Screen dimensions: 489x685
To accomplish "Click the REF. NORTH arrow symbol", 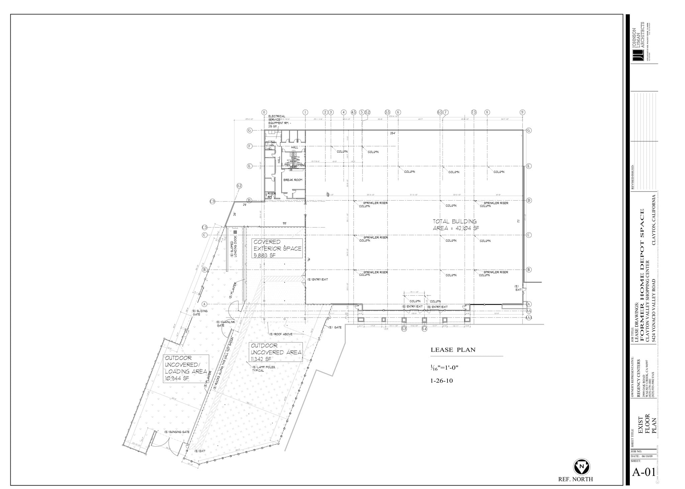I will (582, 466).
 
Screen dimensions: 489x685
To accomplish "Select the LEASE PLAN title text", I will (453, 350).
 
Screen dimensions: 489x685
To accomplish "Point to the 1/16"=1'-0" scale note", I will (444, 368).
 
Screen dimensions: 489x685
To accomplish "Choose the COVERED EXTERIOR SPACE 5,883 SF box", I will (277, 248).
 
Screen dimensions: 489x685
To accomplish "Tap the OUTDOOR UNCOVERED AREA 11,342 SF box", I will (276, 352).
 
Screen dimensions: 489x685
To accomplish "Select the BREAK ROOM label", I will (293, 180).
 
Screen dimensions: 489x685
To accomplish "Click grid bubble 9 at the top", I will (522, 112).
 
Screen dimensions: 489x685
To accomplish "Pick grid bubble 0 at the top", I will (264, 112).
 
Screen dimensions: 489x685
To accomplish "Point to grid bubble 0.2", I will (239, 186).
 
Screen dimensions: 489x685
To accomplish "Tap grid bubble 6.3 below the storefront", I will (404, 329).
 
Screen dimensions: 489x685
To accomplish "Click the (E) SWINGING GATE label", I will (177, 432).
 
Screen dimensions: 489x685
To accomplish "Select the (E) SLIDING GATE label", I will (200, 313).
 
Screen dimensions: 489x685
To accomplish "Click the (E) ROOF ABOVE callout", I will (281, 334).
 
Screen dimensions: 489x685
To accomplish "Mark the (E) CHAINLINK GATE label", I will (226, 324).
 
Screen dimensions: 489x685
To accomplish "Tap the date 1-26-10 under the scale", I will (442, 380).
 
